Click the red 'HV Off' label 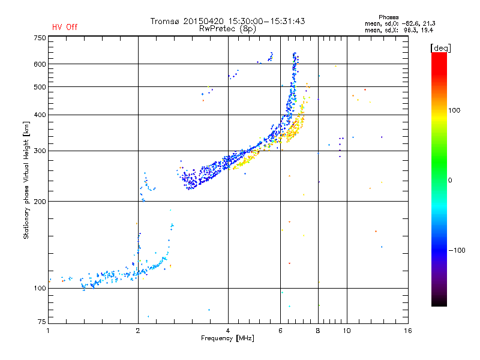65,27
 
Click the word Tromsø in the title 165,21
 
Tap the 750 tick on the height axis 40,38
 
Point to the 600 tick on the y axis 40,64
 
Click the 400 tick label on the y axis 40,115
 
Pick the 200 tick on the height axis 40,201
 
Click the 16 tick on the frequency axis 407,331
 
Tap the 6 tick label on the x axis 280,331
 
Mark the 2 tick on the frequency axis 138,331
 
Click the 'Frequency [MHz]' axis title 227,339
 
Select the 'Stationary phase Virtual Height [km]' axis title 26,180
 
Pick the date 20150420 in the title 201,21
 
